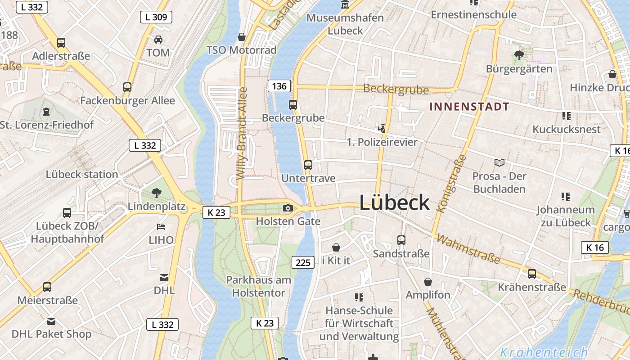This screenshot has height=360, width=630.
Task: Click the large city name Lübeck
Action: point(394,203)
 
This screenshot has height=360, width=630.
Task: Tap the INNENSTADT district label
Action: point(469,107)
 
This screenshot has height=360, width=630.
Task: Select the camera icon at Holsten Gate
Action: point(288,208)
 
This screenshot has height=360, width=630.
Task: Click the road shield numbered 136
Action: point(279,86)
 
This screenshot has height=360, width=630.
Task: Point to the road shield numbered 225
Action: point(303,262)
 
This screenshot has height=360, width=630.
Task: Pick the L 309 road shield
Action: point(156,18)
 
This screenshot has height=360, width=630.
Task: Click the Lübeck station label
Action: point(82,174)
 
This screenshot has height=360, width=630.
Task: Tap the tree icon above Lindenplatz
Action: point(157,193)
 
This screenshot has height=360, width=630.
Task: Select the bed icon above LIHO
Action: point(161,226)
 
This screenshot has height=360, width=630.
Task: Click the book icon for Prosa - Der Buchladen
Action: point(499,162)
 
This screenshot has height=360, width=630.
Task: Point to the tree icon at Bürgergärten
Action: point(519,55)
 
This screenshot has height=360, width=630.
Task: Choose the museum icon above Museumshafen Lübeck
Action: point(345,5)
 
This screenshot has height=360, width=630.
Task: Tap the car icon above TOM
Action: point(158,40)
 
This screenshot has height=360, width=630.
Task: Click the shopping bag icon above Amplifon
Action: point(427,282)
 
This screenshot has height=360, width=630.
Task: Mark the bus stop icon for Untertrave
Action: point(308,165)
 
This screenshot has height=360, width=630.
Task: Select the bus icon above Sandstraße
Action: point(401,240)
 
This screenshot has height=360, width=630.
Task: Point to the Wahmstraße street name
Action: point(468,249)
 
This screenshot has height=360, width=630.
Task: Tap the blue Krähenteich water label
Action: point(544,352)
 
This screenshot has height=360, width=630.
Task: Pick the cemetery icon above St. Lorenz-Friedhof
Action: point(46,111)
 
